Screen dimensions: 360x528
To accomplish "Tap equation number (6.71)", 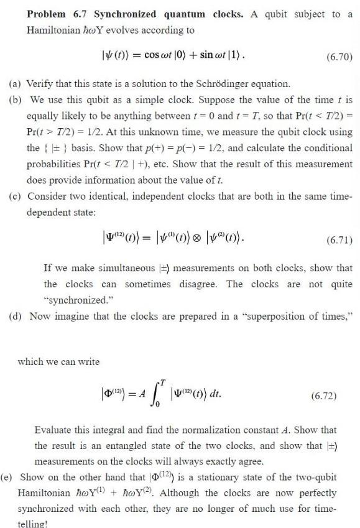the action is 337,239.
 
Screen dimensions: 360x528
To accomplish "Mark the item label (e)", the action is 11,477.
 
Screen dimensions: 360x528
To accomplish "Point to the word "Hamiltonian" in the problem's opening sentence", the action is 50,30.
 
